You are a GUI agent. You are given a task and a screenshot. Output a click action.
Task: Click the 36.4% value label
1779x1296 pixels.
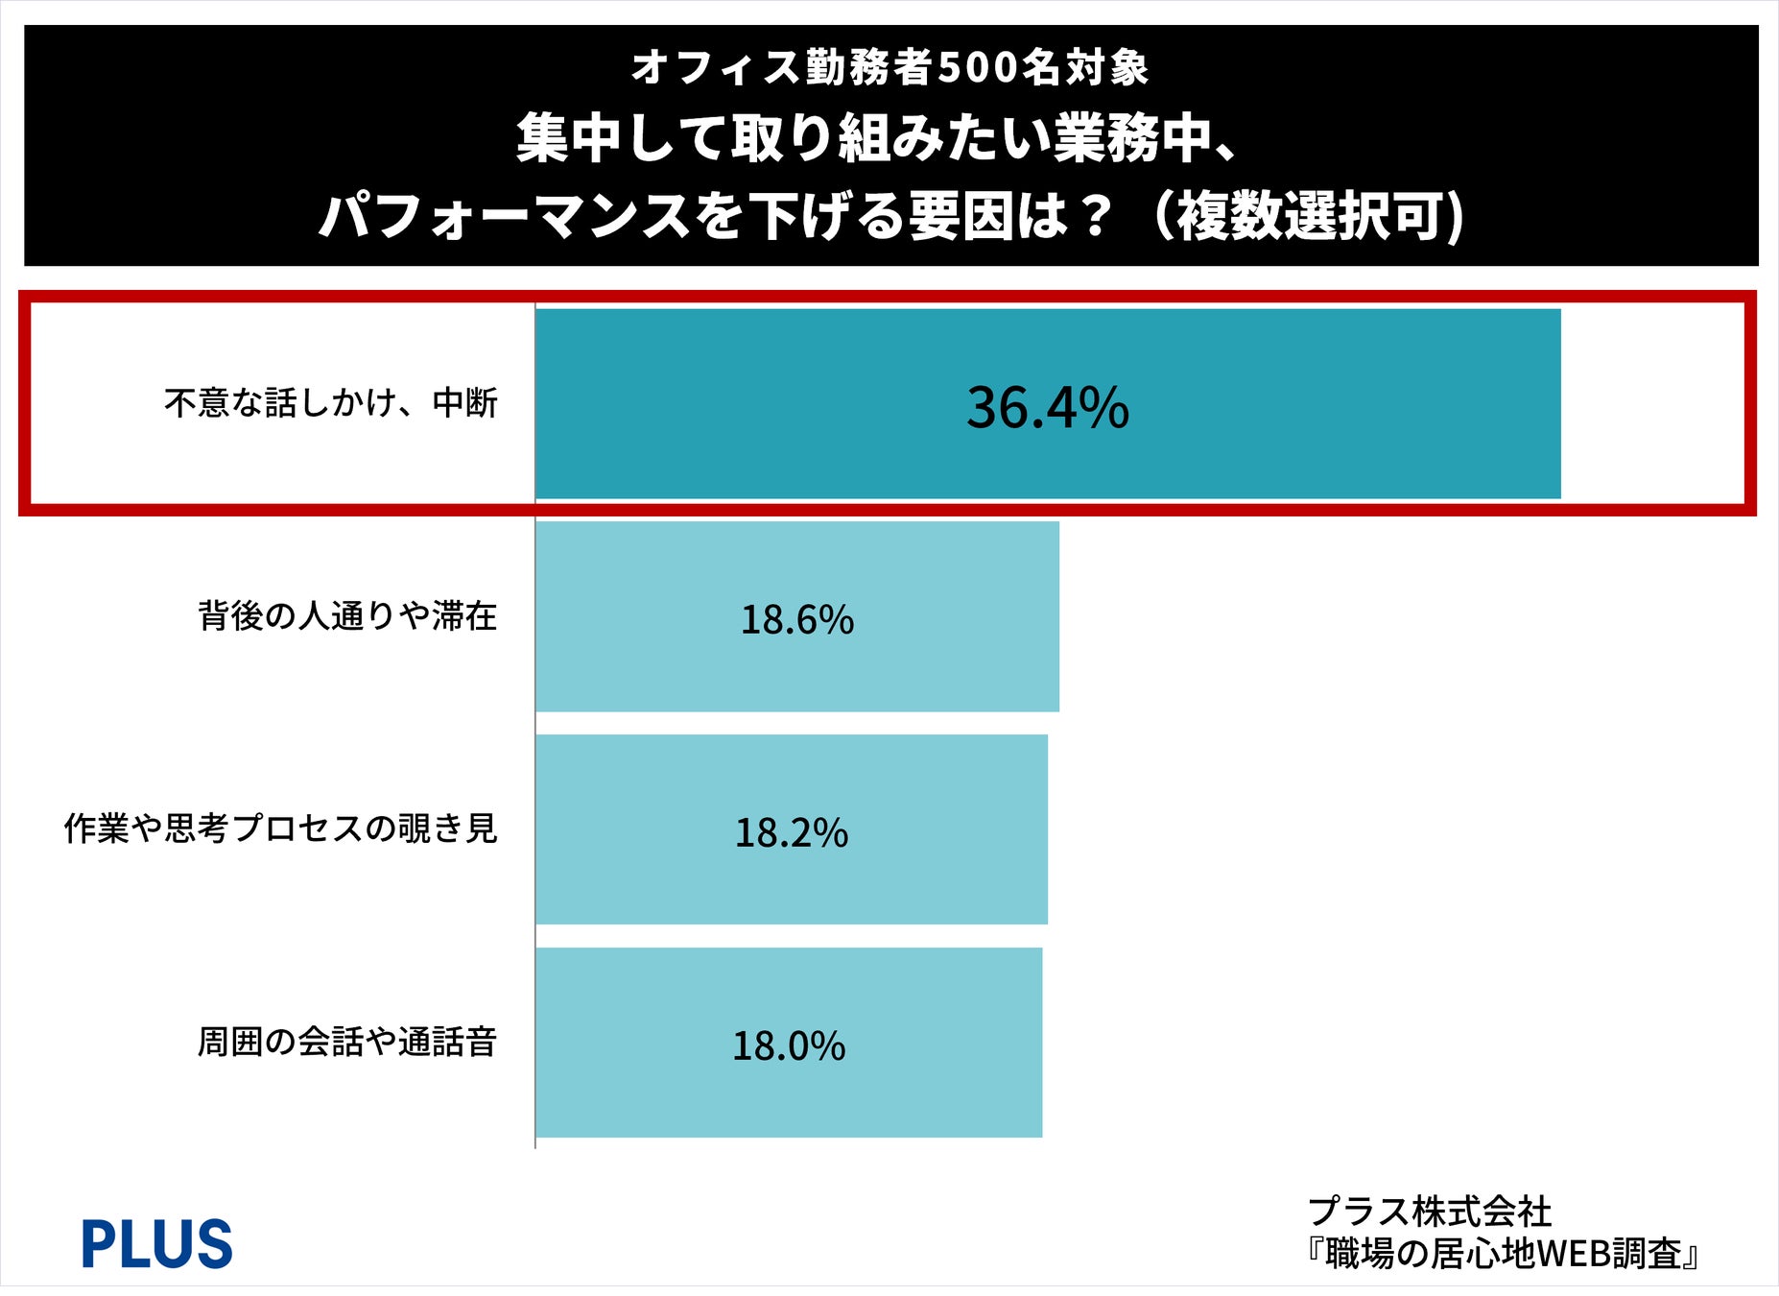click(x=1048, y=407)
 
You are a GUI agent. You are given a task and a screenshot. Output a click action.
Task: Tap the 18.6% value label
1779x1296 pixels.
click(x=797, y=619)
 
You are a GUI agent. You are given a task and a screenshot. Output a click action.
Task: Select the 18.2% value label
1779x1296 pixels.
click(x=792, y=832)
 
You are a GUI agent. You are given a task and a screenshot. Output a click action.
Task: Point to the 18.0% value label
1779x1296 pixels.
click(x=789, y=1045)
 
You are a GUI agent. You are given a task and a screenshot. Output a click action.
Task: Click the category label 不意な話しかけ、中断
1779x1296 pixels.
click(x=331, y=403)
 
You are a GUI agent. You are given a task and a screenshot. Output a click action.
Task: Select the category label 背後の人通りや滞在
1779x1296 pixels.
click(x=347, y=615)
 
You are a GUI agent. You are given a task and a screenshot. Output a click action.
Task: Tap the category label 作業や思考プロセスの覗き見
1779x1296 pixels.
click(x=281, y=828)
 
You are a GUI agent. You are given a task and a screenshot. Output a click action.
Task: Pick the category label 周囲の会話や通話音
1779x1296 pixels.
click(x=347, y=1042)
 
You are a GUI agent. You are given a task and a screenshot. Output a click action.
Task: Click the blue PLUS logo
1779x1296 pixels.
click(x=156, y=1243)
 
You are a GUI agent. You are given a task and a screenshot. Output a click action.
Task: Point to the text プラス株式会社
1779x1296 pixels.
click(x=1430, y=1212)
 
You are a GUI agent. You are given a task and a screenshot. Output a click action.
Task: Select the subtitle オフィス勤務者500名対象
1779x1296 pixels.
click(x=889, y=67)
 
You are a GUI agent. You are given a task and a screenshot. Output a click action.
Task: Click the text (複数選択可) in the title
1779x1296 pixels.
click(x=1308, y=216)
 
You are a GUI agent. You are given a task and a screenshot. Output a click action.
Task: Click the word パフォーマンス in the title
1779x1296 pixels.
click(x=505, y=216)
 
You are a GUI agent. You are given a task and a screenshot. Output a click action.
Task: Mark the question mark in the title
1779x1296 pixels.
click(x=1094, y=216)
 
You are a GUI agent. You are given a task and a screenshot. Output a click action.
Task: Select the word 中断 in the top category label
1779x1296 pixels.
click(x=465, y=403)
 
